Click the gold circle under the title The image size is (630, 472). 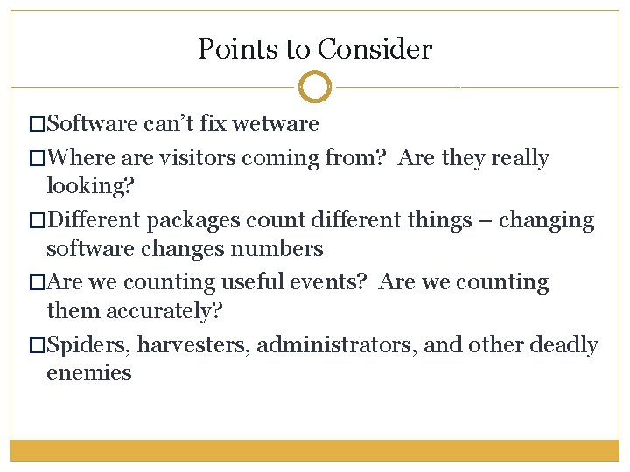[x=315, y=87]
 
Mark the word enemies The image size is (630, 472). [x=89, y=373]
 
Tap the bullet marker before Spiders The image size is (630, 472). [x=36, y=345]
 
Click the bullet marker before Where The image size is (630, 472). [x=36, y=159]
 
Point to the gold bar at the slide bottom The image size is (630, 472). [x=315, y=449]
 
